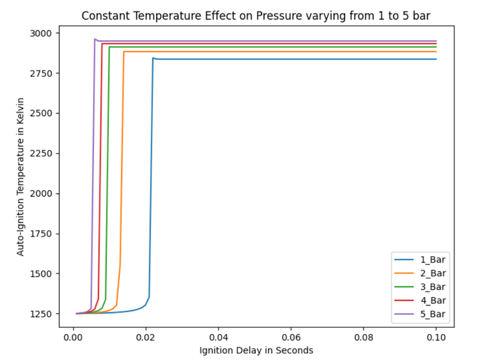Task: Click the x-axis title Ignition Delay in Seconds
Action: click(x=256, y=350)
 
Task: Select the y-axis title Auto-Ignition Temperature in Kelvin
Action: click(x=21, y=177)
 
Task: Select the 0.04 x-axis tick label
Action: click(x=218, y=336)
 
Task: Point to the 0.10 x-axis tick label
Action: click(x=436, y=336)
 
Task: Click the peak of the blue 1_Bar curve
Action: click(x=153, y=58)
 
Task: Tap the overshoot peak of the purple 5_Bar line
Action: click(x=95, y=39)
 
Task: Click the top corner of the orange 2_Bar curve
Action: click(x=124, y=52)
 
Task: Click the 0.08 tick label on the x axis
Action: click(x=363, y=336)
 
